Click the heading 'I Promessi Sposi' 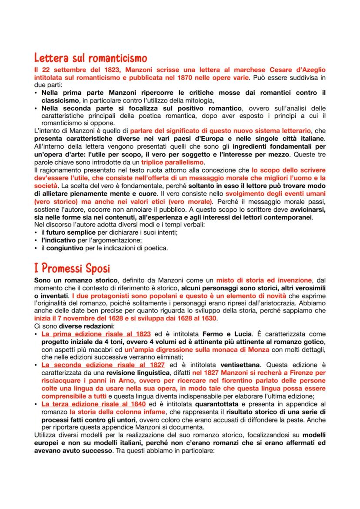[x=72, y=268]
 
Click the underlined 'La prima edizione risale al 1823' [x=96, y=334]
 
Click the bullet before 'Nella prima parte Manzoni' [x=36, y=93]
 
